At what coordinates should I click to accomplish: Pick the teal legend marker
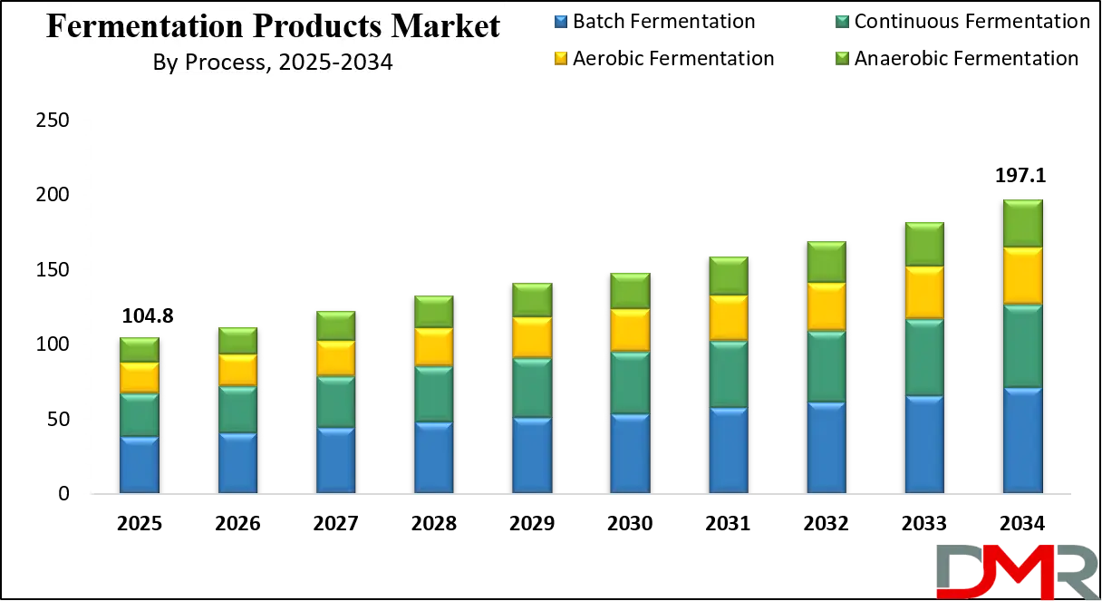[844, 22]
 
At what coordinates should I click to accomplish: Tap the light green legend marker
[844, 58]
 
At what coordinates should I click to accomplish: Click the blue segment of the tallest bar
[1022, 441]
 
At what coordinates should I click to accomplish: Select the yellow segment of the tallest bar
[1022, 276]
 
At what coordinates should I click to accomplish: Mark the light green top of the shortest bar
[140, 350]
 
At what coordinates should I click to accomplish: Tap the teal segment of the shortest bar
[140, 415]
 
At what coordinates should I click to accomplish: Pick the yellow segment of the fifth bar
[532, 337]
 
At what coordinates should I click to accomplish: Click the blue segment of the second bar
[237, 463]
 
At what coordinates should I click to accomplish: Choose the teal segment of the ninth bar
[924, 357]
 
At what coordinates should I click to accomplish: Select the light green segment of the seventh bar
[729, 276]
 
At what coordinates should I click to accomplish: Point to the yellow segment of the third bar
[335, 359]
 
